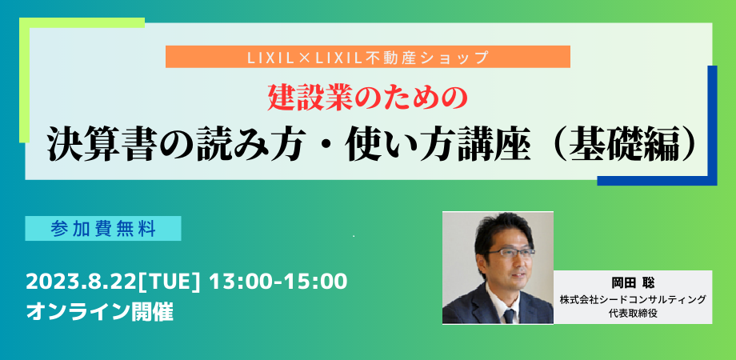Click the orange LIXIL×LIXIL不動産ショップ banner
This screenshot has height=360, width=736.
click(x=367, y=57)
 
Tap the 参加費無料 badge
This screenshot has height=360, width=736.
click(x=103, y=229)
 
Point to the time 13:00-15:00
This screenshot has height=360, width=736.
click(x=279, y=282)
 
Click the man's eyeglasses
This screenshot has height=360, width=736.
click(x=506, y=252)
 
